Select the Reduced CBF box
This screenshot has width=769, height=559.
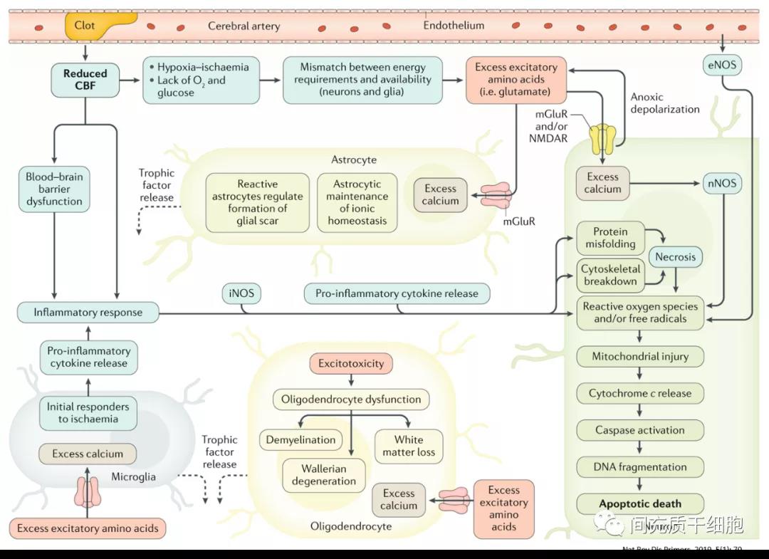click(x=85, y=80)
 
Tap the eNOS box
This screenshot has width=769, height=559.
click(x=721, y=66)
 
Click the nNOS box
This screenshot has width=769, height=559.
click(x=721, y=183)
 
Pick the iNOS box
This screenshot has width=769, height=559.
click(x=241, y=293)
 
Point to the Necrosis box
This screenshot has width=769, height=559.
click(x=675, y=256)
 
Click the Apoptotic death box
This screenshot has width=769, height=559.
click(x=639, y=503)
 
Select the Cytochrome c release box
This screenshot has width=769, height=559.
click(x=639, y=393)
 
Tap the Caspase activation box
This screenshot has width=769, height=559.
click(x=639, y=430)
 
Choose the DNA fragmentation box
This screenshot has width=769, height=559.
click(x=639, y=467)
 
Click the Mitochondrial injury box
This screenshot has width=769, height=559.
click(x=639, y=356)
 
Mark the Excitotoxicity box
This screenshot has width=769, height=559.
click(x=351, y=363)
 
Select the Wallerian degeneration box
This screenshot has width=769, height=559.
click(x=323, y=475)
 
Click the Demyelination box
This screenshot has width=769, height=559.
click(x=300, y=440)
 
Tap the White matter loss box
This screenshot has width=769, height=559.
click(x=408, y=446)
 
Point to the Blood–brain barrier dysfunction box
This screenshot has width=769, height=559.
click(x=54, y=189)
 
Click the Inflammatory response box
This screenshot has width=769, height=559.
click(x=88, y=312)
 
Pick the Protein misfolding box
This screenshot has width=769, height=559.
click(x=610, y=238)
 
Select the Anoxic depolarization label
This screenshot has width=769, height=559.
click(x=664, y=103)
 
